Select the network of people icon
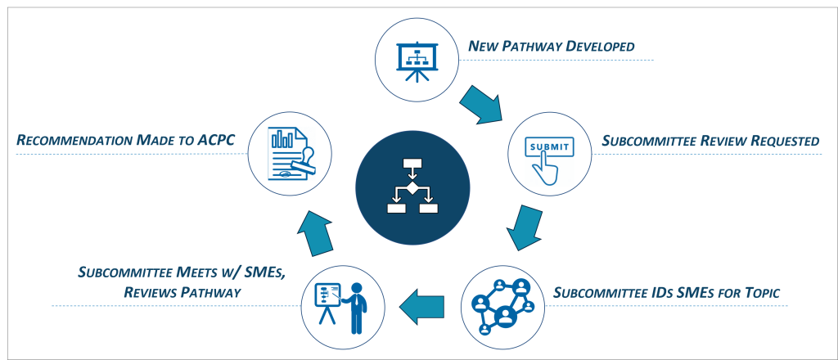coord(502,307)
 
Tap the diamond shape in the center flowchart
coord(412,190)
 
